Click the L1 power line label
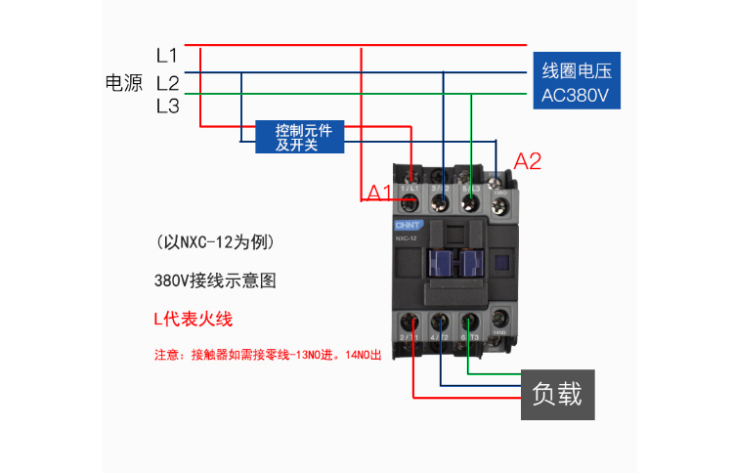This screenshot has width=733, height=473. pyautogui.click(x=166, y=55)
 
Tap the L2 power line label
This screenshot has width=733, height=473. pyautogui.click(x=166, y=82)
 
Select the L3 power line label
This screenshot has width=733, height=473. pyautogui.click(x=166, y=106)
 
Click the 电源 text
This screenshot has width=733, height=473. pyautogui.click(x=124, y=82)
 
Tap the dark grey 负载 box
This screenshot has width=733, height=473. pyautogui.click(x=556, y=394)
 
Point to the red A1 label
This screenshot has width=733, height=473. pyautogui.click(x=379, y=192)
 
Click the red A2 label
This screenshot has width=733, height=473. pyautogui.click(x=528, y=161)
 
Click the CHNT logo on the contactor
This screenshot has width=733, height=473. pyautogui.click(x=407, y=225)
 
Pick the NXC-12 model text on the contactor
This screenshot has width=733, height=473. pyautogui.click(x=408, y=237)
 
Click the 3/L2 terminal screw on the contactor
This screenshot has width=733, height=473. pyautogui.click(x=441, y=202)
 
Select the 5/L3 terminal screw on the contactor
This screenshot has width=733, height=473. pyautogui.click(x=470, y=202)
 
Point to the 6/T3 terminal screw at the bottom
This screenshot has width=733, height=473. pyautogui.click(x=470, y=322)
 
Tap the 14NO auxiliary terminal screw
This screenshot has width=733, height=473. pyautogui.click(x=500, y=318)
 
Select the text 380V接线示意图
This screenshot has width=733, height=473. pyautogui.click(x=215, y=279)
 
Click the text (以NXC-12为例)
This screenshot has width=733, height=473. pyautogui.click(x=214, y=241)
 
